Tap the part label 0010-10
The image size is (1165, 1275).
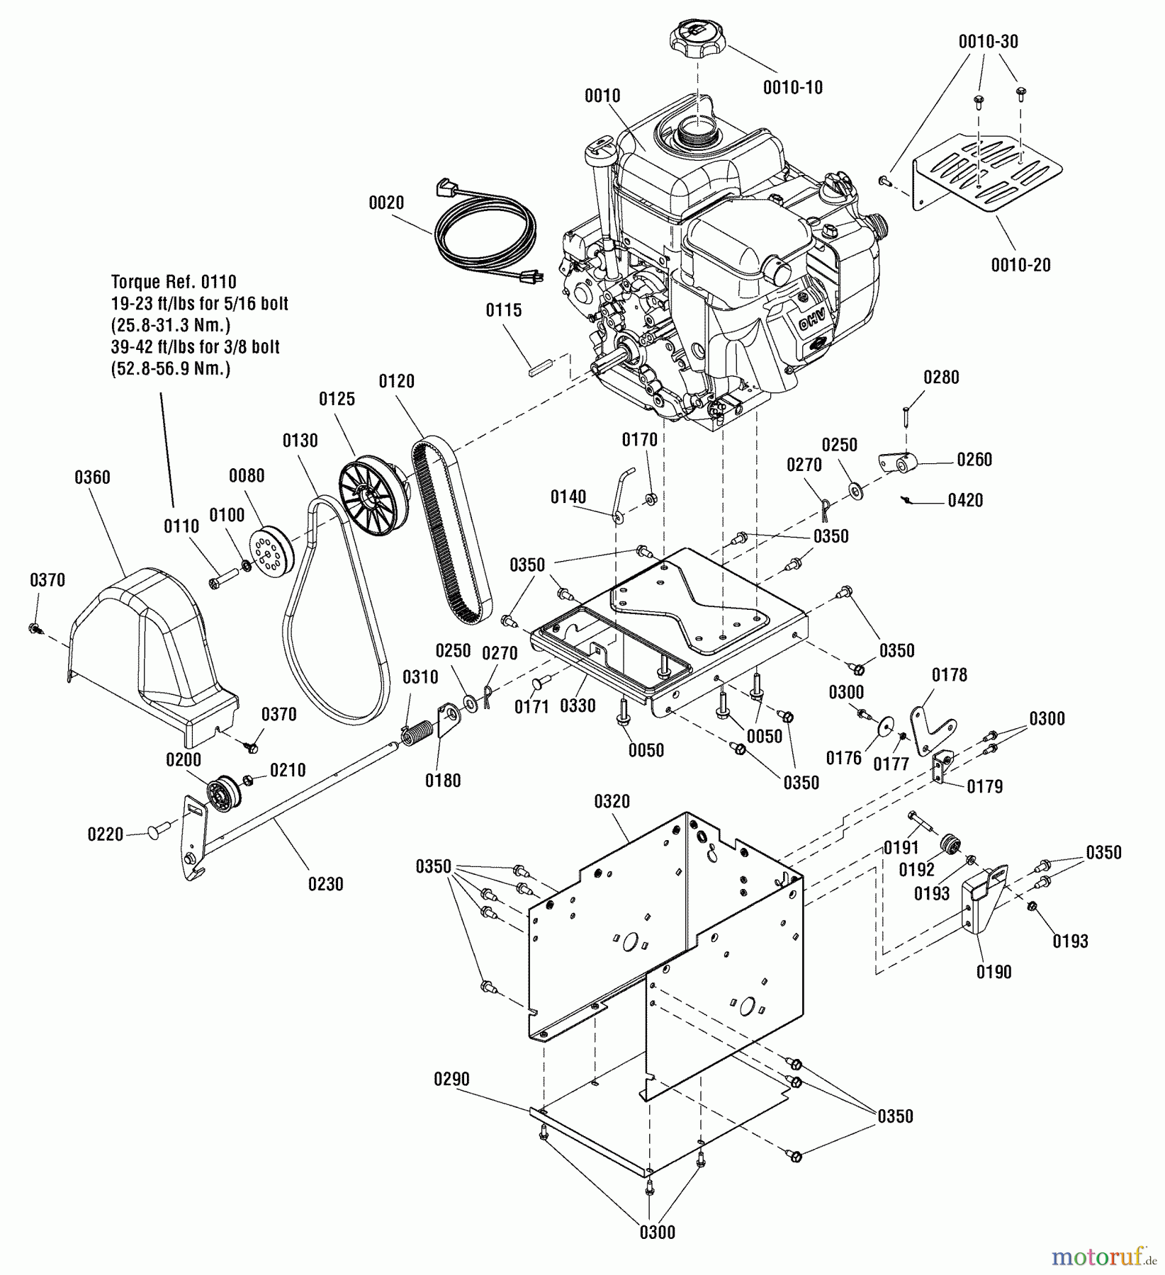tap(792, 88)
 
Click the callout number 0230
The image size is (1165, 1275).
tap(325, 884)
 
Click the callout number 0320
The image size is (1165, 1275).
tap(612, 801)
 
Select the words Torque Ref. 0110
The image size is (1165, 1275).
tap(174, 282)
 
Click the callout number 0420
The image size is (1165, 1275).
tap(965, 500)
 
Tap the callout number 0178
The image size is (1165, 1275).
tap(950, 675)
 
